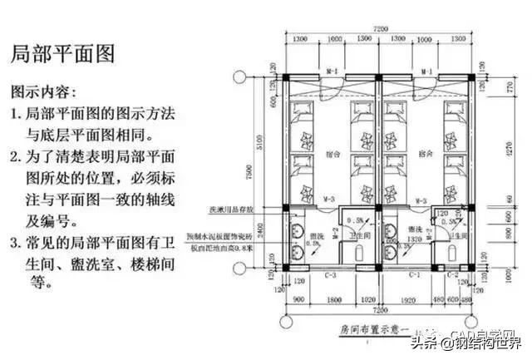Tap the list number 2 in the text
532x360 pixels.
14,155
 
